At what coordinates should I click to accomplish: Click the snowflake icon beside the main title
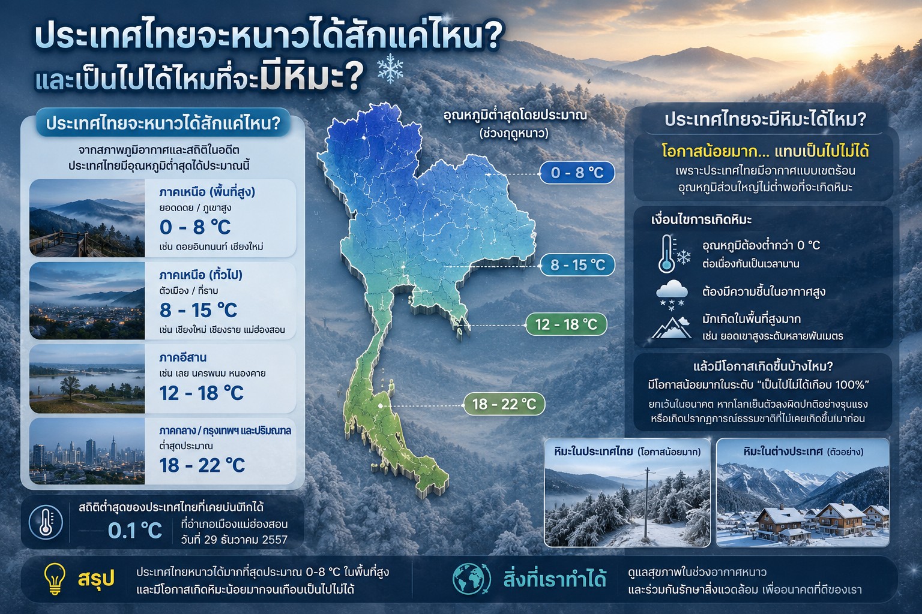(390, 67)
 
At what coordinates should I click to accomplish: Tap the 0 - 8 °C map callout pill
(577, 173)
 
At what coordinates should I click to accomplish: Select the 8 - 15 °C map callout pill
(577, 265)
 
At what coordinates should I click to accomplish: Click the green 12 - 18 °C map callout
(567, 324)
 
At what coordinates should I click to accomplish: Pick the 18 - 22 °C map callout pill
(504, 404)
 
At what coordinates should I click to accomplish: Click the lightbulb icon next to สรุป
(55, 579)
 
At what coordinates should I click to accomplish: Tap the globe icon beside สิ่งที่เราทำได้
(472, 579)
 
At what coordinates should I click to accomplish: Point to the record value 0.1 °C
(135, 531)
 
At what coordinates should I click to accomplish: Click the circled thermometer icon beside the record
(46, 522)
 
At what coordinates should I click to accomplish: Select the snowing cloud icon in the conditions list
(672, 293)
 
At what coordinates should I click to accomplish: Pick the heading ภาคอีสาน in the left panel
(182, 357)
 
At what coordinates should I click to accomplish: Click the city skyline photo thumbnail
(87, 451)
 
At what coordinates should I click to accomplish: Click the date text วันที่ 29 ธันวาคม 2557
(234, 539)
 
